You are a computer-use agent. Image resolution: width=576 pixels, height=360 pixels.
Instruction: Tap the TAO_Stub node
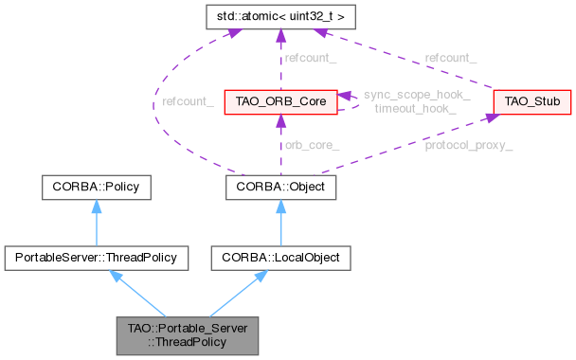click(523, 99)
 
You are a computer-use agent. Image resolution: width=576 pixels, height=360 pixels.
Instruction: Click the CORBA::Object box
click(276, 188)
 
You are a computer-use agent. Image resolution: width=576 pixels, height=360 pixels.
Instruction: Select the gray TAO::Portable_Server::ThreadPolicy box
click(186, 334)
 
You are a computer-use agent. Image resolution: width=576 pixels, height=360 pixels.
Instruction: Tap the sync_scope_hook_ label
click(405, 97)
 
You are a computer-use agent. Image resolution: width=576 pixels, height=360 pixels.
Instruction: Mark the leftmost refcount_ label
click(187, 100)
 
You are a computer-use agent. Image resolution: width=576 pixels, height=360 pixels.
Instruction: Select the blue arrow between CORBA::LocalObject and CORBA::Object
click(275, 223)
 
